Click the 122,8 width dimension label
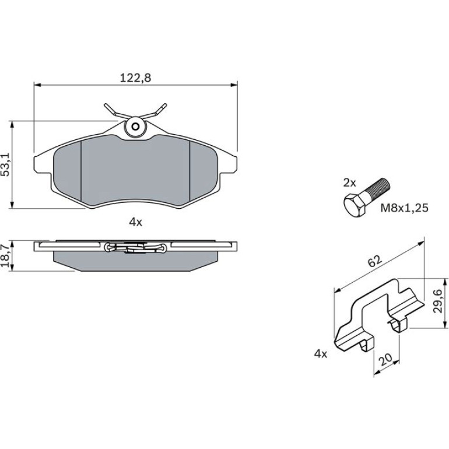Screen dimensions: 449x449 click(x=135, y=78)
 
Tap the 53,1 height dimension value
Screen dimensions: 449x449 click(x=6, y=164)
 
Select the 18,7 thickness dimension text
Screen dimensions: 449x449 click(x=6, y=256)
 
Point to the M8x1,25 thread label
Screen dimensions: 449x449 click(x=404, y=208)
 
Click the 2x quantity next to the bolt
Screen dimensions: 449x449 click(x=349, y=183)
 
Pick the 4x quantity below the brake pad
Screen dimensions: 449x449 click(x=135, y=222)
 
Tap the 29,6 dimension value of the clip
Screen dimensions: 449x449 click(x=438, y=301)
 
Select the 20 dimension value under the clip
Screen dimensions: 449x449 click(x=385, y=360)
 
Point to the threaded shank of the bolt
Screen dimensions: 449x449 click(x=378, y=188)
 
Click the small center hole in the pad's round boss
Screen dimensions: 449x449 click(x=135, y=127)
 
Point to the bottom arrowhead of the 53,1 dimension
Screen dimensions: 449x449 click(x=12, y=205)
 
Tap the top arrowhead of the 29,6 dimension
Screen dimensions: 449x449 click(x=445, y=282)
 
